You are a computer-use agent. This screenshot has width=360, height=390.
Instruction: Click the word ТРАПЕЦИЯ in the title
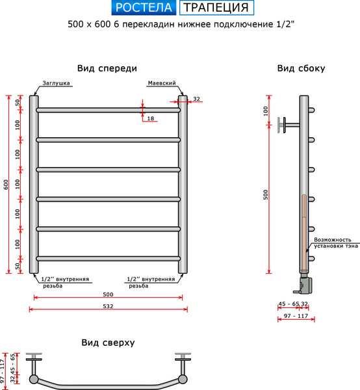click(x=216, y=8)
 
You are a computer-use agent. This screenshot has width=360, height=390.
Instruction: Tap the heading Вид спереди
click(x=107, y=68)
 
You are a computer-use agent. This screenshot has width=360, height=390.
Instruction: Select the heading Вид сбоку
click(x=301, y=68)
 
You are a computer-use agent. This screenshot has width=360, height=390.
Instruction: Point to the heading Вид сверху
click(x=108, y=343)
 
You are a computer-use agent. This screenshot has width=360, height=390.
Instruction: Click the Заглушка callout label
click(x=57, y=84)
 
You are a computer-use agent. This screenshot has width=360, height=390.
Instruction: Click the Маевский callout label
click(x=162, y=84)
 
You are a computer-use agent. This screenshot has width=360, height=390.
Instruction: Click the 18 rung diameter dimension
click(x=151, y=118)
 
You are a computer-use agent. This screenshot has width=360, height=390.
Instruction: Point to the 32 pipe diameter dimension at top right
click(x=196, y=99)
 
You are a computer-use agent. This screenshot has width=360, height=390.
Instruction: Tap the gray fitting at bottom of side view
click(x=304, y=283)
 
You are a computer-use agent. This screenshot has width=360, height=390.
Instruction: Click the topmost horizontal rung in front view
click(x=108, y=110)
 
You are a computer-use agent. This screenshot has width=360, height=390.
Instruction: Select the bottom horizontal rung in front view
click(x=108, y=258)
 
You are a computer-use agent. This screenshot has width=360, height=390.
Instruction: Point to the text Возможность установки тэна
click(x=335, y=242)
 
